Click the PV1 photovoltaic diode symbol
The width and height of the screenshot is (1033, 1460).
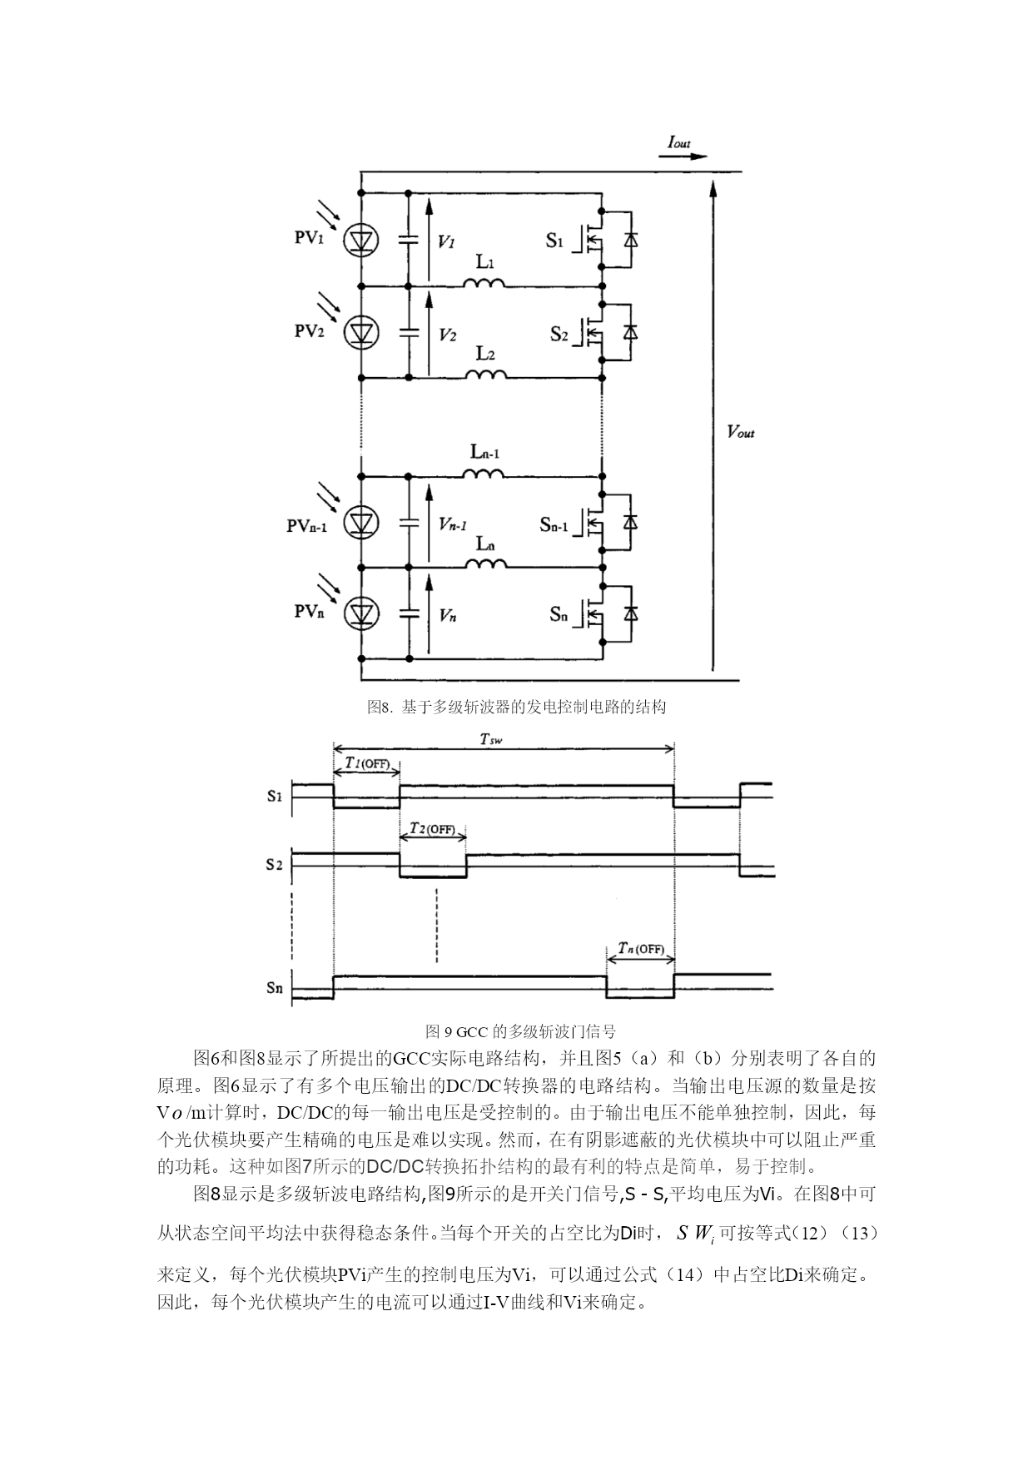click(361, 241)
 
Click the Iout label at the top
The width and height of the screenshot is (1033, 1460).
click(679, 143)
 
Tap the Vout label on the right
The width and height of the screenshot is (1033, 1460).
click(741, 432)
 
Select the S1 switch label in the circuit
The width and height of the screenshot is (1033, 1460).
click(555, 241)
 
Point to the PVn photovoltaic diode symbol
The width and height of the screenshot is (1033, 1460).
click(361, 613)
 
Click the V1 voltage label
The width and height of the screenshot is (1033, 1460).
click(446, 241)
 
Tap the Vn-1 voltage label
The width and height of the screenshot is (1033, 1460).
click(453, 524)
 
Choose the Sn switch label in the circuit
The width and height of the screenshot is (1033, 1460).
click(559, 614)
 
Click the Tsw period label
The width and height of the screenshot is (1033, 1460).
click(491, 738)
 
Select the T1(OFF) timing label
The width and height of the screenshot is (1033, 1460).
click(367, 763)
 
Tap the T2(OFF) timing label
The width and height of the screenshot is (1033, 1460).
click(433, 829)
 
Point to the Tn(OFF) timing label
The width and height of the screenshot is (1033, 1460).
click(641, 948)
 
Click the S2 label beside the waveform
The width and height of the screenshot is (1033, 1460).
click(275, 864)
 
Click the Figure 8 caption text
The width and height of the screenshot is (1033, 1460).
click(517, 707)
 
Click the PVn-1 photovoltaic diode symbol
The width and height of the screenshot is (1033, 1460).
click(361, 522)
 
